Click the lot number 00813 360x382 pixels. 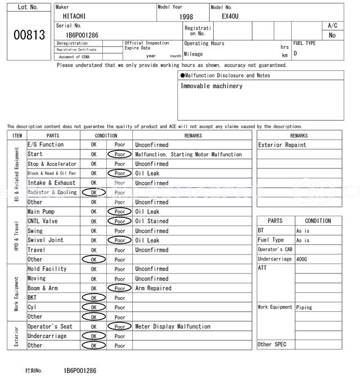[x=29, y=35]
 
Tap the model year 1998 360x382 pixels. [x=186, y=17]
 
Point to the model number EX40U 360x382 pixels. [x=230, y=17]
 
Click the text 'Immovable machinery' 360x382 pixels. [x=211, y=87]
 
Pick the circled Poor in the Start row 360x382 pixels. [x=120, y=154]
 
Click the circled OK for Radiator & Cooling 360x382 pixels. [x=93, y=193]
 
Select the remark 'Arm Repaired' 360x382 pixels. [x=154, y=288]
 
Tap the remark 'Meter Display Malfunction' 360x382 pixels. [x=173, y=326]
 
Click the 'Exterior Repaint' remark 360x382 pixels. [x=282, y=145]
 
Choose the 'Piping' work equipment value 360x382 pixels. [x=304, y=307]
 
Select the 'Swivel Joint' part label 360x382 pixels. [x=46, y=240]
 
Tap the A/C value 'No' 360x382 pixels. [x=332, y=35]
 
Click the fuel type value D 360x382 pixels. [x=296, y=54]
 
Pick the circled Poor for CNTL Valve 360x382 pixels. [x=120, y=221]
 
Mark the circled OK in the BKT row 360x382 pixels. [x=93, y=298]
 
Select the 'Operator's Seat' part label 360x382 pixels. [x=50, y=326]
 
